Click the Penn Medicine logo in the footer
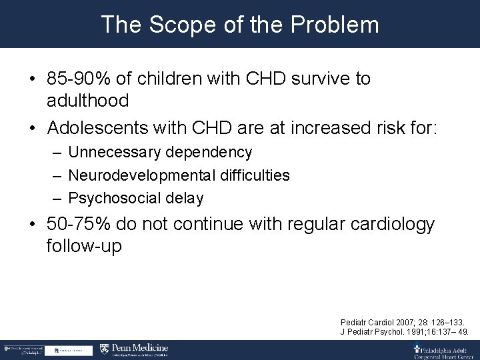134,349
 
